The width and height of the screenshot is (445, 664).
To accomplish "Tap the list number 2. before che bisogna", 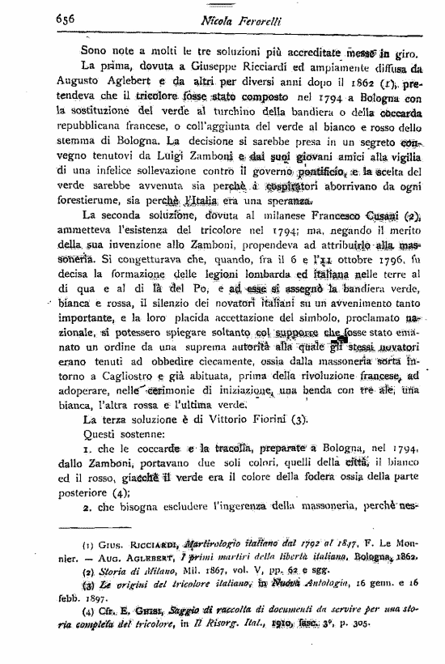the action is (x=85, y=509).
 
